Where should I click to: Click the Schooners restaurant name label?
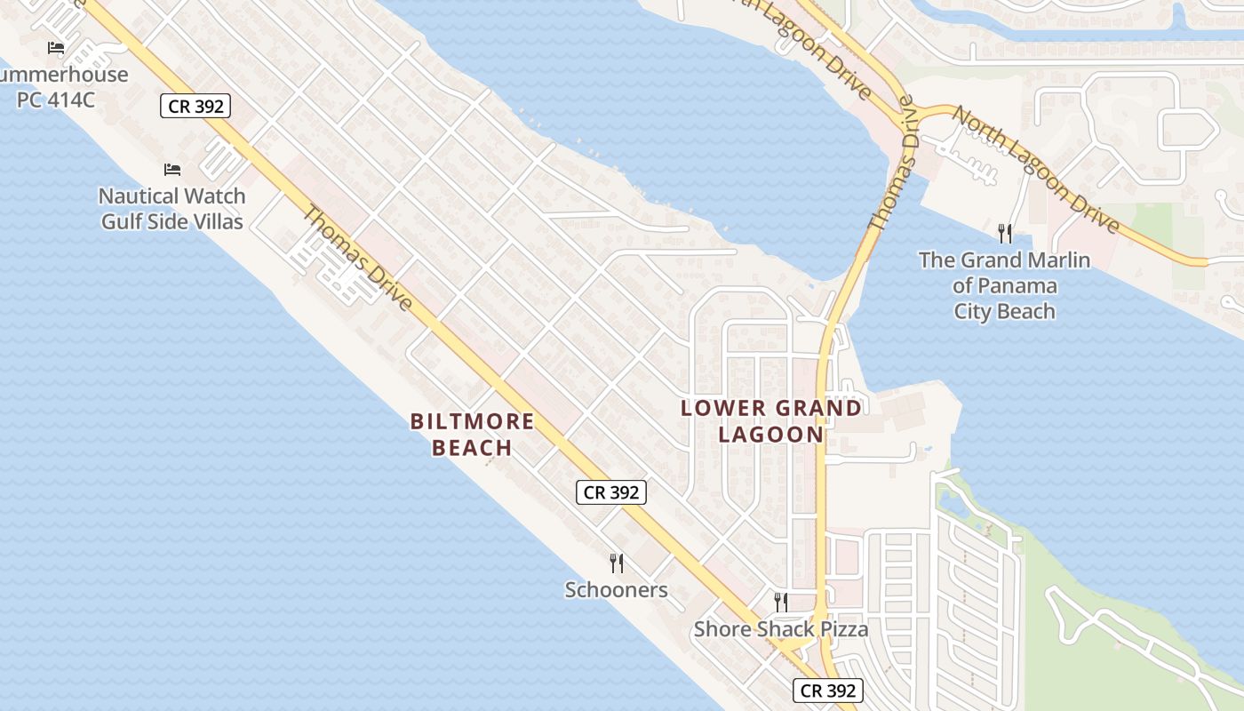click(616, 589)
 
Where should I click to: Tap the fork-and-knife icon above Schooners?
click(616, 563)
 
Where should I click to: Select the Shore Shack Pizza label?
click(781, 629)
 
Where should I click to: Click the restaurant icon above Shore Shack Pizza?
click(781, 603)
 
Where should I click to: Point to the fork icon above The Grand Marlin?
click(1005, 234)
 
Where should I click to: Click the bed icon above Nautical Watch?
click(172, 169)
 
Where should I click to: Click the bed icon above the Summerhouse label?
click(56, 47)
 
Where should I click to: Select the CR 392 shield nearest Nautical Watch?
click(195, 107)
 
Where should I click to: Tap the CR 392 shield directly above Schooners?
click(610, 492)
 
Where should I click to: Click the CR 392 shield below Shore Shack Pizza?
click(827, 690)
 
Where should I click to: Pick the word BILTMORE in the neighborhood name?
click(473, 421)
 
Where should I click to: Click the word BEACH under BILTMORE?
click(473, 448)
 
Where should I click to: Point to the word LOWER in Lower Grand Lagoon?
click(722, 409)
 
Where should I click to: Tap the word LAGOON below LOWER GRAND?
click(771, 435)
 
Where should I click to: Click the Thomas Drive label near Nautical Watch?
click(358, 259)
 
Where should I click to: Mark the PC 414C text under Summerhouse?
click(55, 100)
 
